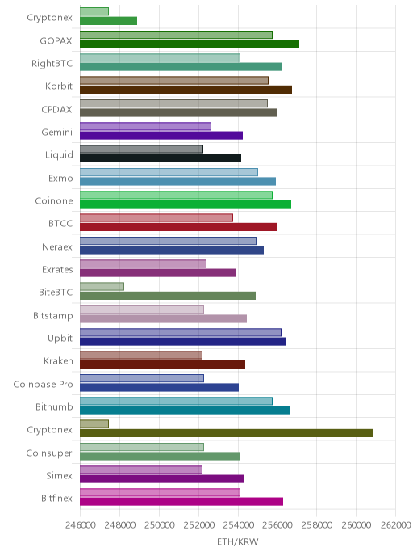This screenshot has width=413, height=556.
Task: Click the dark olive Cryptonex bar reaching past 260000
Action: pyautogui.click(x=226, y=433)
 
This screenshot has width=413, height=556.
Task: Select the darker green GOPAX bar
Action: pyautogui.click(x=190, y=44)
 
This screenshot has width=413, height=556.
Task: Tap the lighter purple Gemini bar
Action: pyautogui.click(x=145, y=126)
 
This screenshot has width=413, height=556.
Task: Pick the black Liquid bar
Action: pyautogui.click(x=161, y=158)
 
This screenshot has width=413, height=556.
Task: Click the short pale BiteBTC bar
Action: pyautogui.click(x=102, y=287)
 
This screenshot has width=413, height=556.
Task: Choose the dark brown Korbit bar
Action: pyautogui.click(x=186, y=90)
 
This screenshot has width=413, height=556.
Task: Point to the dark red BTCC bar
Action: pyautogui.click(x=178, y=227)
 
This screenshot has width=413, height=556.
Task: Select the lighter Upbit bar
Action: pyautogui.click(x=181, y=332)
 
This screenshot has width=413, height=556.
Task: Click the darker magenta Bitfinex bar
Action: pyautogui.click(x=181, y=501)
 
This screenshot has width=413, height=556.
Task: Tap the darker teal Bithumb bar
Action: pyautogui.click(x=185, y=411)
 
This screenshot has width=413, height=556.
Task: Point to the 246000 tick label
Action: pyautogui.click(x=81, y=525)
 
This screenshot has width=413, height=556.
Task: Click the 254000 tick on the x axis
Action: pyautogui.click(x=238, y=525)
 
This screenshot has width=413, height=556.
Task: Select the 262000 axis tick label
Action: pyautogui.click(x=396, y=525)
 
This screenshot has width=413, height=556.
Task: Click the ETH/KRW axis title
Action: pyautogui.click(x=238, y=541)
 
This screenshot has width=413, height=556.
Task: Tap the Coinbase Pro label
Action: pyautogui.click(x=44, y=385)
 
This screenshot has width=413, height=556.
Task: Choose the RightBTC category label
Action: pyautogui.click(x=52, y=64)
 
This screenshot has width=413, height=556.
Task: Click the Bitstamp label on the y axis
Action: pyautogui.click(x=53, y=316)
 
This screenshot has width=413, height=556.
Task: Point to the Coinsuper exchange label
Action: pyautogui.click(x=49, y=453)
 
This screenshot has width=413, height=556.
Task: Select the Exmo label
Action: pyautogui.click(x=60, y=179)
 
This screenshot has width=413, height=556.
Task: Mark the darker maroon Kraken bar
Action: pyautogui.click(x=162, y=364)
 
